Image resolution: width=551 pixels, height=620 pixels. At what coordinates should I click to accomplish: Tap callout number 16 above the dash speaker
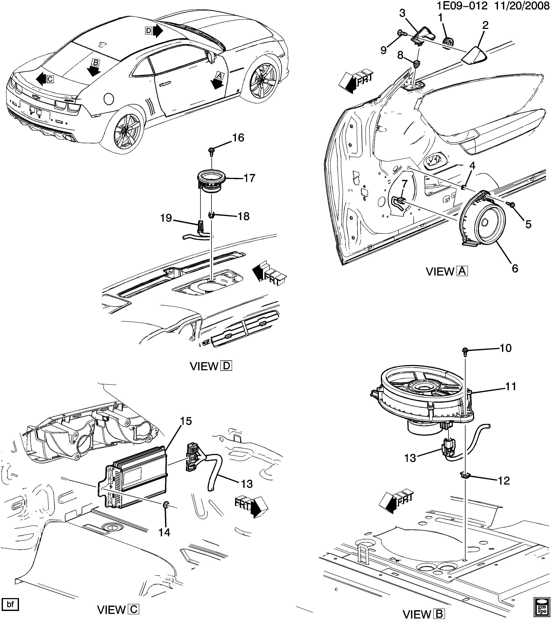click(x=238, y=138)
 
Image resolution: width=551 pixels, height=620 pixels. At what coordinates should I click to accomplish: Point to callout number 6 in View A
click(x=515, y=269)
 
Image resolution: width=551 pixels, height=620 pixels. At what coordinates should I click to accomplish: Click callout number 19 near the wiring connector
click(x=166, y=218)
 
